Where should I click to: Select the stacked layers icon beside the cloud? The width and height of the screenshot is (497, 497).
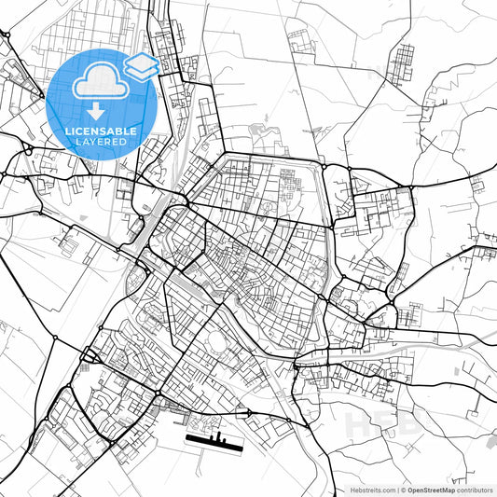(142, 66)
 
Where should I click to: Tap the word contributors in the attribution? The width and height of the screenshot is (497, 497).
(475, 489)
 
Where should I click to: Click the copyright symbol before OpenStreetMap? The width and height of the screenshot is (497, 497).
(404, 489)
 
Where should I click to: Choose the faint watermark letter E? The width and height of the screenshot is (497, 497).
(386, 424)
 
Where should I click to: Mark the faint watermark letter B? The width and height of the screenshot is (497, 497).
(412, 424)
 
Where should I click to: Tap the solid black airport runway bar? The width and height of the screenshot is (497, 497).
(214, 441)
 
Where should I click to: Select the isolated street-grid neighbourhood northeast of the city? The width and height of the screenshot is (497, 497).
(402, 64)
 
